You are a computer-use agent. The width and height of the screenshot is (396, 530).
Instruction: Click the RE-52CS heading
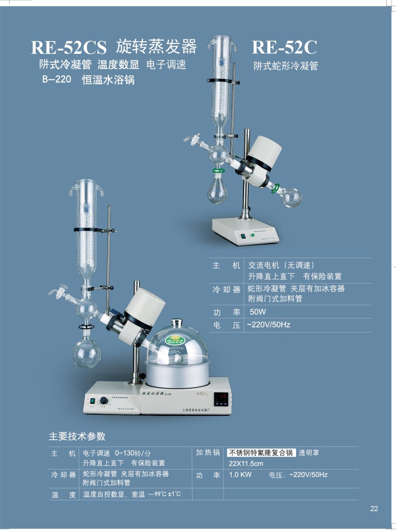[69, 47]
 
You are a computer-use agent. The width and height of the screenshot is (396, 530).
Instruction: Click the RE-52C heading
[284, 47]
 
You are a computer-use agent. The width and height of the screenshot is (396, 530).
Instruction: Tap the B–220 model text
[57, 79]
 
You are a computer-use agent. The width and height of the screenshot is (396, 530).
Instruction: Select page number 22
[374, 508]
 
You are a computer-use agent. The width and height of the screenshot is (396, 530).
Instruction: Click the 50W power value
[258, 312]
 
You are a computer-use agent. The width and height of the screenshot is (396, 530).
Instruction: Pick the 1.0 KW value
[240, 475]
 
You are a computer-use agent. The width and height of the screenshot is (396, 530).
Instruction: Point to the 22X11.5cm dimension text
[246, 463]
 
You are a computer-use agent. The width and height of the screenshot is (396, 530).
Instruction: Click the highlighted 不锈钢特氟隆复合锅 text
[261, 452]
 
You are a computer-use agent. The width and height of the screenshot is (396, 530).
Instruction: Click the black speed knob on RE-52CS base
[104, 400]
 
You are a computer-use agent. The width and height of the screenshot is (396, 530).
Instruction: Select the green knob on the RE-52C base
[253, 235]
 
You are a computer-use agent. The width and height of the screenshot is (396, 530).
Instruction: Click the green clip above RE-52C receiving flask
[218, 171]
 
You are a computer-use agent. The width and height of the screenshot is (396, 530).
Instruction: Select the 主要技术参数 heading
[77, 436]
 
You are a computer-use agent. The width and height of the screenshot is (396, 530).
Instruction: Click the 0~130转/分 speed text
[133, 453]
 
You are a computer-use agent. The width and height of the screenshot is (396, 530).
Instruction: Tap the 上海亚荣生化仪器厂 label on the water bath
[196, 410]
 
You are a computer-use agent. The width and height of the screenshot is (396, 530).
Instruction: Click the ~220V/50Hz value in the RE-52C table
[269, 325]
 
